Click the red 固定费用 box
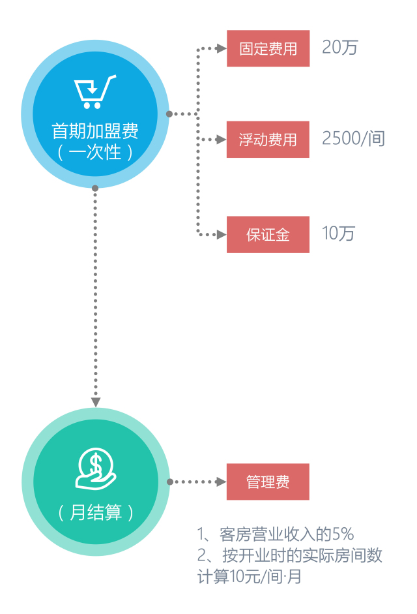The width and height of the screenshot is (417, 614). pos(268,48)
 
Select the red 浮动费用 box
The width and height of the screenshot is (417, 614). pos(268,140)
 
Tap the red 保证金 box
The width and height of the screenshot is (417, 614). pos(268,234)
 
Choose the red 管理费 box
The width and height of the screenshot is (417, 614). pos(268,482)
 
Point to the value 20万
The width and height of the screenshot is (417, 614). pos(339,48)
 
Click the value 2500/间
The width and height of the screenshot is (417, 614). pos(353,139)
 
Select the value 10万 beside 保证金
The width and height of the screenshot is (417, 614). pos(338,234)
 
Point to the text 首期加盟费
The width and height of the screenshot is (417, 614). pos(95,130)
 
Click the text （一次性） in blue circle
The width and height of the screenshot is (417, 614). pos(95,153)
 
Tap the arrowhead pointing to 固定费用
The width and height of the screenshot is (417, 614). pos(222,48)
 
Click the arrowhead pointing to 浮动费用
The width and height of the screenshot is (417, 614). pos(222,140)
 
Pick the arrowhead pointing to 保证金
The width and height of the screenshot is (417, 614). pos(222,234)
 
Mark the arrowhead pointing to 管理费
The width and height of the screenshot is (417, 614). pos(222,482)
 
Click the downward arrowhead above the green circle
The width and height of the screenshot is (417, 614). pos(96,402)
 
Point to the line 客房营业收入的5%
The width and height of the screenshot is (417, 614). pos(276,534)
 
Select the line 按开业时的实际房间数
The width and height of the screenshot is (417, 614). pos(289,555)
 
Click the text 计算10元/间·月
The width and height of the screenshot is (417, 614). pos(250,577)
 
